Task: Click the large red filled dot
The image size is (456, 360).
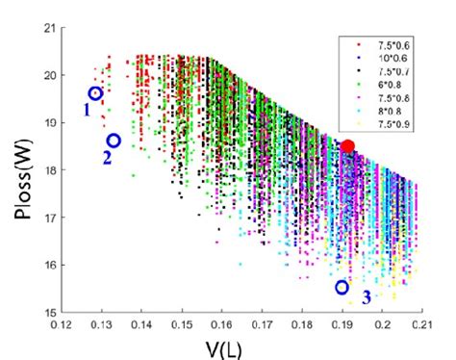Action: pos(348,146)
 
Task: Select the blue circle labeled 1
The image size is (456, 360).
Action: pos(95,93)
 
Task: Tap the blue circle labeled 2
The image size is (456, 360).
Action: pos(114,141)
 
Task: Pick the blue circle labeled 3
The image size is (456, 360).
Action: pos(342,287)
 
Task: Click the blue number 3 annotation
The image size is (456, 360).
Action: pos(367,296)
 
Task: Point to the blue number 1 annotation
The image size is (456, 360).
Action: pos(86,110)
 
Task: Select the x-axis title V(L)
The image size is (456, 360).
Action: pos(223,345)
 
